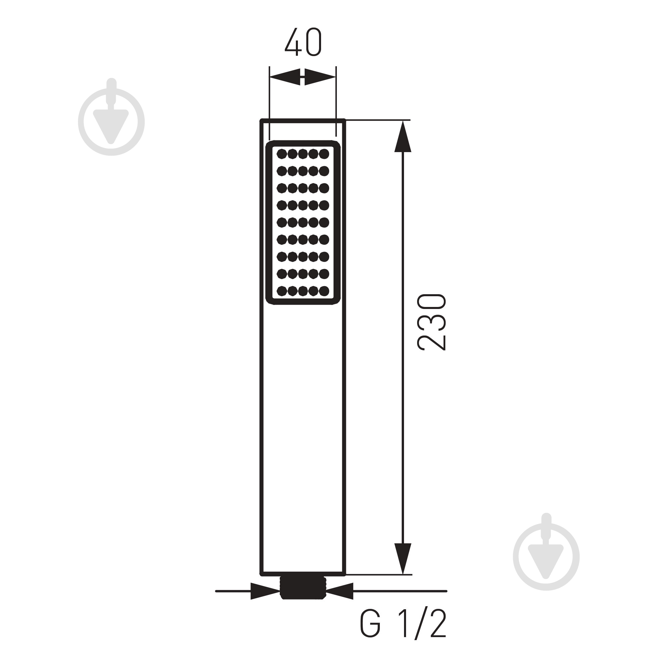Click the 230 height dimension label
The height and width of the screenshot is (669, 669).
point(432,322)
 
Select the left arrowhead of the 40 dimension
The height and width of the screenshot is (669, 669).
point(285,77)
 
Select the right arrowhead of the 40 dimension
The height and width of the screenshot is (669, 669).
point(320,77)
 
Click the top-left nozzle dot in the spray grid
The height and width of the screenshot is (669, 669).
point(282,154)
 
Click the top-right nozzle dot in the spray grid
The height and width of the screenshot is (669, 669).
point(324,154)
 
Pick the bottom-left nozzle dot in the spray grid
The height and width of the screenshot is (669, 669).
point(282,291)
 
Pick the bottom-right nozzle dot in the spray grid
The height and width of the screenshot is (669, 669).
point(324,291)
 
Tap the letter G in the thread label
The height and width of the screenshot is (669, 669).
point(370,633)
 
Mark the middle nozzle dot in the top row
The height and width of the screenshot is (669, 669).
point(303,154)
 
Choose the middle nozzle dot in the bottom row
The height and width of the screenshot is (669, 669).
point(303,291)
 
